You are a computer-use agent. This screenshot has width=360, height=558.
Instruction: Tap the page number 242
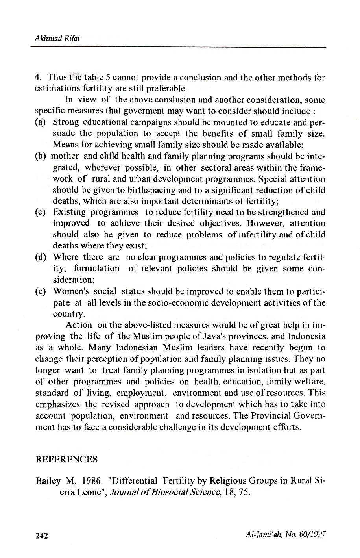42,536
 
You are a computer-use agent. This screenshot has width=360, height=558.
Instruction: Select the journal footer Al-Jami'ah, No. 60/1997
286,535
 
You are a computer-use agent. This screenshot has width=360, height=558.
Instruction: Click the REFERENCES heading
66,459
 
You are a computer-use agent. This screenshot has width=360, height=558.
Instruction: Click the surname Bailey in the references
48,481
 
